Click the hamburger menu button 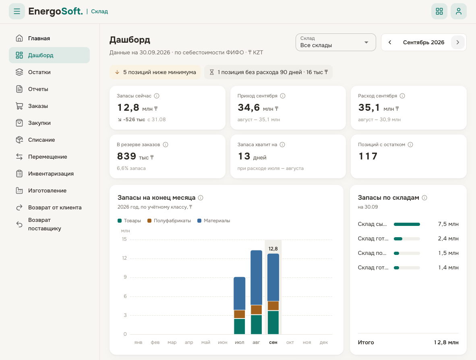click(17, 11)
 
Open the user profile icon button click(458, 11)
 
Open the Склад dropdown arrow click(366, 43)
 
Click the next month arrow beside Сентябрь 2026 click(458, 43)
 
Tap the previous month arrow click(390, 43)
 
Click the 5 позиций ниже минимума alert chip click(155, 72)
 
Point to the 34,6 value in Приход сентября click(248, 108)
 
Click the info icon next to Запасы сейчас click(157, 96)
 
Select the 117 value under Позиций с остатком click(368, 156)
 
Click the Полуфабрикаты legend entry click(169, 221)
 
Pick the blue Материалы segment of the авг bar click(256, 278)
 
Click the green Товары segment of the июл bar click(240, 327)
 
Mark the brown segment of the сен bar click(273, 306)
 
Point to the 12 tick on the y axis click(124, 258)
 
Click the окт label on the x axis click(290, 342)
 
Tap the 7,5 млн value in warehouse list click(448, 224)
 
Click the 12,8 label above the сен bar click(273, 249)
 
